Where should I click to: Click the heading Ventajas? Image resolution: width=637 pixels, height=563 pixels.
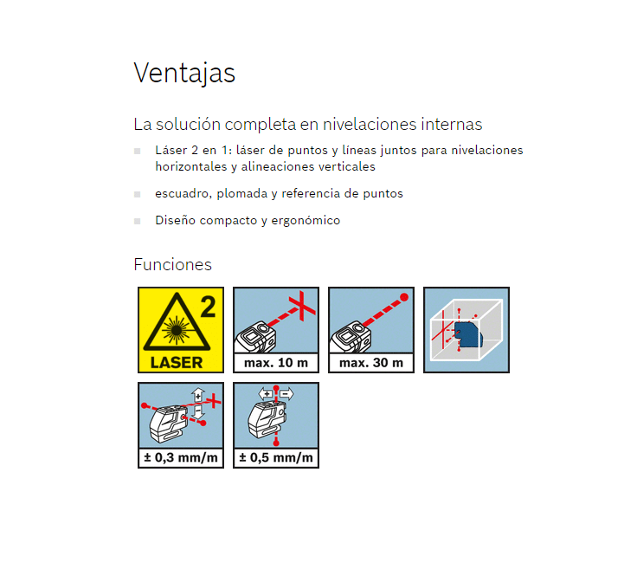(x=184, y=74)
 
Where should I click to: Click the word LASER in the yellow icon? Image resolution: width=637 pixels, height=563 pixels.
(x=177, y=363)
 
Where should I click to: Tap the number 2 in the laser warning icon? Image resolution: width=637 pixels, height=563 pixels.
(x=208, y=307)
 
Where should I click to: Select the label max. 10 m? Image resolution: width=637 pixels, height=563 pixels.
(x=276, y=363)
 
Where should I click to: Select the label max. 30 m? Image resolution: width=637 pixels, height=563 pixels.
(x=371, y=363)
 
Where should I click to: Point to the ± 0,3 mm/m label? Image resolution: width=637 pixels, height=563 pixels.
(x=181, y=457)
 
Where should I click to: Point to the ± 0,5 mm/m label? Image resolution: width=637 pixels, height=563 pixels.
(x=276, y=457)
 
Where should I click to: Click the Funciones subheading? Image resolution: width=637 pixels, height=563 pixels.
(x=172, y=265)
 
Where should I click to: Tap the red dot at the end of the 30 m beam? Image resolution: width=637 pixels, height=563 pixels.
(x=404, y=297)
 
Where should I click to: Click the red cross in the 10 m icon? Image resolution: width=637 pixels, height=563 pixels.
(x=302, y=306)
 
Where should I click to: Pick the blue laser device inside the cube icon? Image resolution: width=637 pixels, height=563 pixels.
(x=468, y=334)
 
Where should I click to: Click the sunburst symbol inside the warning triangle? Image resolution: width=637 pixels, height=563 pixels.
(x=177, y=330)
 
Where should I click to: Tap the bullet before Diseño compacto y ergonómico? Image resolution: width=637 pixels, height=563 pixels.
(x=138, y=221)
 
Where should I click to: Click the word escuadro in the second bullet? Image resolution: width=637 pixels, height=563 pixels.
(x=183, y=193)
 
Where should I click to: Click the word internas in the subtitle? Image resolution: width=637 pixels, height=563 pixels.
(x=451, y=125)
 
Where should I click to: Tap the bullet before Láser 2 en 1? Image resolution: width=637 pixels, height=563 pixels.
(x=138, y=152)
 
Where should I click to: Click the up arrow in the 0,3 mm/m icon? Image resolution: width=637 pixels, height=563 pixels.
(x=198, y=395)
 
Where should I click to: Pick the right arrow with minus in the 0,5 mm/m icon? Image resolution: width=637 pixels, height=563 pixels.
(x=286, y=394)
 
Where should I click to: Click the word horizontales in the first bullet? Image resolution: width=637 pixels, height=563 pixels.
(x=191, y=166)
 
